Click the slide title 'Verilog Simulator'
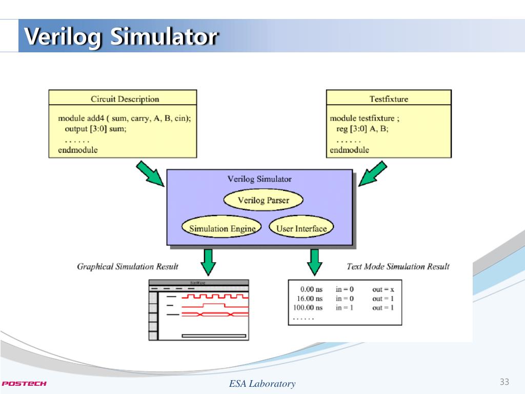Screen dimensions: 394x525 pos(122,37)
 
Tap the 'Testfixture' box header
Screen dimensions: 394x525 pos(389,99)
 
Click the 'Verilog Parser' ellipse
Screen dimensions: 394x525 pos(264,200)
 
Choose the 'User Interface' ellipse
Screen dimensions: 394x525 pos(301,228)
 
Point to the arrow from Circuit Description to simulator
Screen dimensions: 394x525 pos(150,174)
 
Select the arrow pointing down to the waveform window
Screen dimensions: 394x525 pos(208,262)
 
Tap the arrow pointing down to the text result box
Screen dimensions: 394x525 pos(314,262)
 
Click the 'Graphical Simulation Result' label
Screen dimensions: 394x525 pos(128,266)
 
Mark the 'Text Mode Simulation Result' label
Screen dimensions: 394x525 pos(398,266)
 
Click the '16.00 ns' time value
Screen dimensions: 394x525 pos(310,299)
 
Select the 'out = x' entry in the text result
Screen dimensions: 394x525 pos(383,289)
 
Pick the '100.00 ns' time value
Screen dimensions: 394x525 pos(308,308)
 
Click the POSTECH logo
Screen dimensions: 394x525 pos(24,383)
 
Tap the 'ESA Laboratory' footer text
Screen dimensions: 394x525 pos(262,384)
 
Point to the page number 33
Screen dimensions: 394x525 pos(504,382)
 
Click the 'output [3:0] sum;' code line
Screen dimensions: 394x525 pos(95,129)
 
